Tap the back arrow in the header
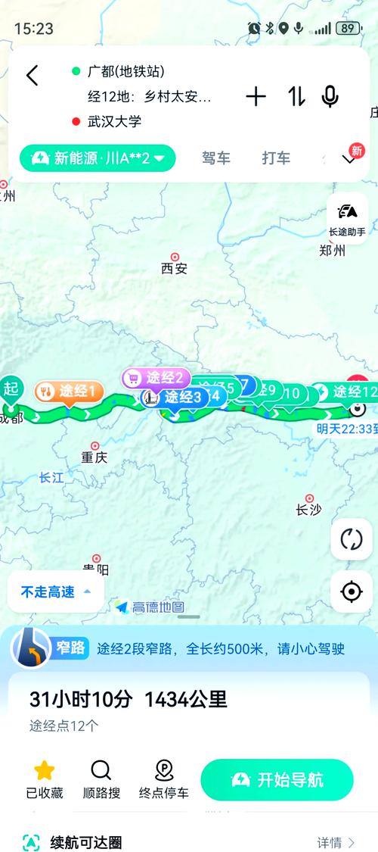coord(32,75)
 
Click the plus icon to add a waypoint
coord(256,96)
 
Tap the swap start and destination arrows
coord(296,96)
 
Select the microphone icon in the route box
coord(330,96)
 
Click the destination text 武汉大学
coord(114,121)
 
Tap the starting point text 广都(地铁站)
coord(126,71)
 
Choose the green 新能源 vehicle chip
coord(98,158)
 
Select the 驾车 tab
coord(215,158)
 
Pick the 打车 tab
coord(276,158)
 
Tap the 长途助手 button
coord(348,218)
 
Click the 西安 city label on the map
coord(174,267)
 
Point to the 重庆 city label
coord(94,457)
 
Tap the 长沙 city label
coord(308,509)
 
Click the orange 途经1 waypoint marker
coord(69,392)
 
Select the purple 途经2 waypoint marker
coord(156,377)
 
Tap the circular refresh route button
coord(352,539)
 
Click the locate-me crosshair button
coord(352,591)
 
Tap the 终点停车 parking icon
coord(163,779)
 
